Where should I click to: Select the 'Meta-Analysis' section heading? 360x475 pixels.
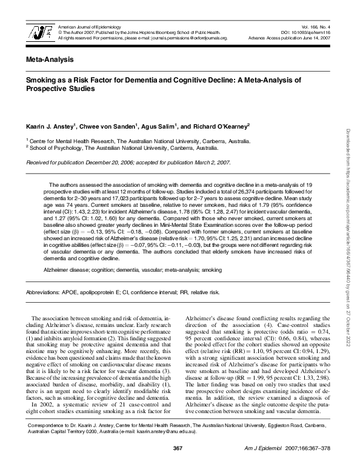click(x=50, y=60)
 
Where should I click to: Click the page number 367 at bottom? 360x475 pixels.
click(x=178, y=465)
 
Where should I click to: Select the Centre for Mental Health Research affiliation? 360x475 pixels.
click(x=137, y=140)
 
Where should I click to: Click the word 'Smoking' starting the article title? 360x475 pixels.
click(x=40, y=79)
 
